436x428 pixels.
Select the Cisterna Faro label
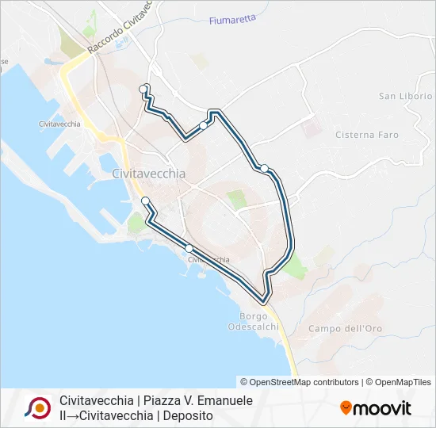click(x=367, y=135)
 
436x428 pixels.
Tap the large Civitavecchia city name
click(x=149, y=174)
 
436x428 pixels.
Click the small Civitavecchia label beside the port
click(x=59, y=124)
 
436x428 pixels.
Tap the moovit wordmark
click(x=381, y=408)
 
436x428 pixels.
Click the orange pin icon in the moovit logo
click(x=346, y=408)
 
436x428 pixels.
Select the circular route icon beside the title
click(x=37, y=407)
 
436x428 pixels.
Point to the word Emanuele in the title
click(x=226, y=401)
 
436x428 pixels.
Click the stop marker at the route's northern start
click(x=143, y=88)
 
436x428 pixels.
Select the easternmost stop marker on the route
click(x=264, y=168)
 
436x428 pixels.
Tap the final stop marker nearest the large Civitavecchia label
click(x=145, y=201)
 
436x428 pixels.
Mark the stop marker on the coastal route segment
click(x=189, y=249)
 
